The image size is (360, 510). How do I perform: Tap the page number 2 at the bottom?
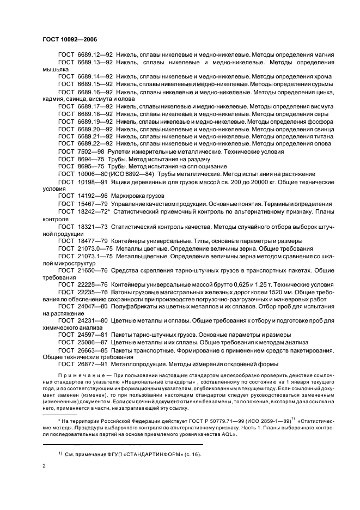[44, 466]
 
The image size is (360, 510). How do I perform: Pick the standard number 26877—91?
[92, 364]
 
